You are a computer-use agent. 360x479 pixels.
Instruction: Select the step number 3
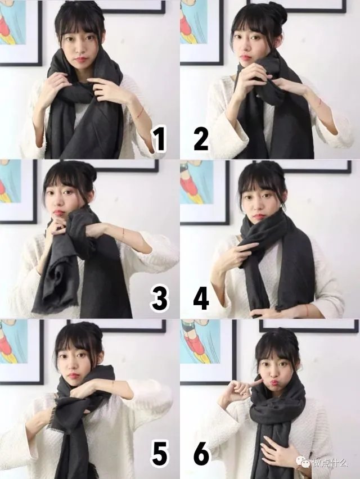tap(159, 299)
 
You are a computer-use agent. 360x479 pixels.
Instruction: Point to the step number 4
tap(201, 299)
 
